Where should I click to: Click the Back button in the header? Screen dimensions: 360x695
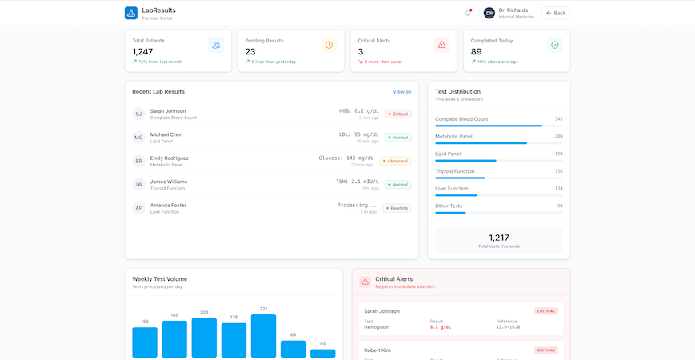(x=555, y=13)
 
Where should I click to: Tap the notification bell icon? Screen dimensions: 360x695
(x=468, y=13)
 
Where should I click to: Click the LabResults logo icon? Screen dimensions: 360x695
(x=130, y=13)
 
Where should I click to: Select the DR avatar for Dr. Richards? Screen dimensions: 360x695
(x=489, y=13)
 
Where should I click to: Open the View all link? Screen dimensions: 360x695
(x=401, y=92)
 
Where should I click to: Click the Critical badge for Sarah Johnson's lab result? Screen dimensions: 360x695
(x=397, y=114)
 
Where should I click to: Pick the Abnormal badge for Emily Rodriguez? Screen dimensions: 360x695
(x=395, y=161)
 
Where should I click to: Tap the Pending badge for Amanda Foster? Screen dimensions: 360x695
(x=397, y=208)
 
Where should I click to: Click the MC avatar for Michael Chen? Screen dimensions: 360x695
(x=138, y=138)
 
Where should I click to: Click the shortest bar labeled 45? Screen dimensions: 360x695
(x=322, y=353)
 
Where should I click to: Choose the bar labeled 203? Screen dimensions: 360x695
(x=204, y=338)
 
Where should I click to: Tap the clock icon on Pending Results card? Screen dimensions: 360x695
(x=329, y=45)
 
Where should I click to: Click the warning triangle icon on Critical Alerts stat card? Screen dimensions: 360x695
(x=441, y=45)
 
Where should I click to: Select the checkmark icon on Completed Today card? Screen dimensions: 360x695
(x=554, y=45)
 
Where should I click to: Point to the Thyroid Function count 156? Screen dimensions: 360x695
(x=558, y=170)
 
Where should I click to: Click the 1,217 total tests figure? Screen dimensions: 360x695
(x=498, y=238)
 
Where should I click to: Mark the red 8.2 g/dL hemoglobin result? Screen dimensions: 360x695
(x=441, y=327)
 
